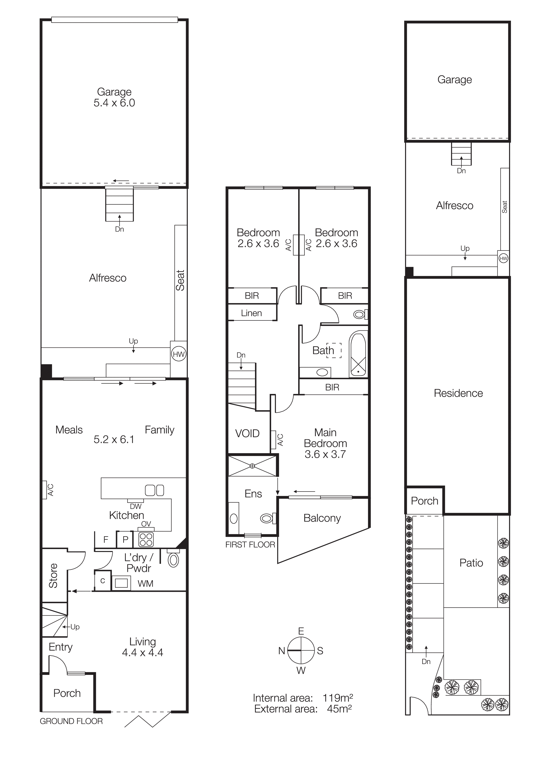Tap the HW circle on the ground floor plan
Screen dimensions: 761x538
pos(178,354)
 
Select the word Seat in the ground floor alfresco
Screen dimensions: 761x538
pos(180,280)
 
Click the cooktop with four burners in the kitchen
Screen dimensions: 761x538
pos(146,540)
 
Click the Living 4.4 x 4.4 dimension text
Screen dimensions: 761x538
pos(143,653)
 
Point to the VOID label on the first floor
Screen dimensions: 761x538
pos(247,433)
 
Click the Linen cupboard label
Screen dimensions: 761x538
pos(251,313)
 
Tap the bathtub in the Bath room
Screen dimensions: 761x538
pos(358,355)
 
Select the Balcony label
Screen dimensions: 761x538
pos(322,518)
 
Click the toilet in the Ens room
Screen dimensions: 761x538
pos(267,518)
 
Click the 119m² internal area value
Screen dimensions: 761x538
pos(337,698)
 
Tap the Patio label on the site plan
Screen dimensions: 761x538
pos(471,563)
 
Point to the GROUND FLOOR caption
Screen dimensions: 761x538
pos(71,721)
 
